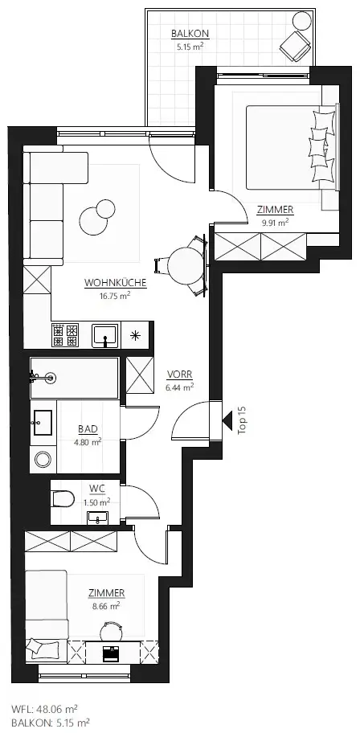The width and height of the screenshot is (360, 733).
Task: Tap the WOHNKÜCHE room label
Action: click(x=107, y=283)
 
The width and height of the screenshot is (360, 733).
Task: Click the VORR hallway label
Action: click(x=179, y=375)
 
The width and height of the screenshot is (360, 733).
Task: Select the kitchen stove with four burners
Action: click(x=65, y=334)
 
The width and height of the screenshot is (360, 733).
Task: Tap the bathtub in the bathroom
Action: click(x=74, y=378)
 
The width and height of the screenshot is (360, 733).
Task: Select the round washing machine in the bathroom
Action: click(x=42, y=460)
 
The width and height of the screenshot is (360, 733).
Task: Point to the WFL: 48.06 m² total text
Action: click(x=45, y=710)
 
